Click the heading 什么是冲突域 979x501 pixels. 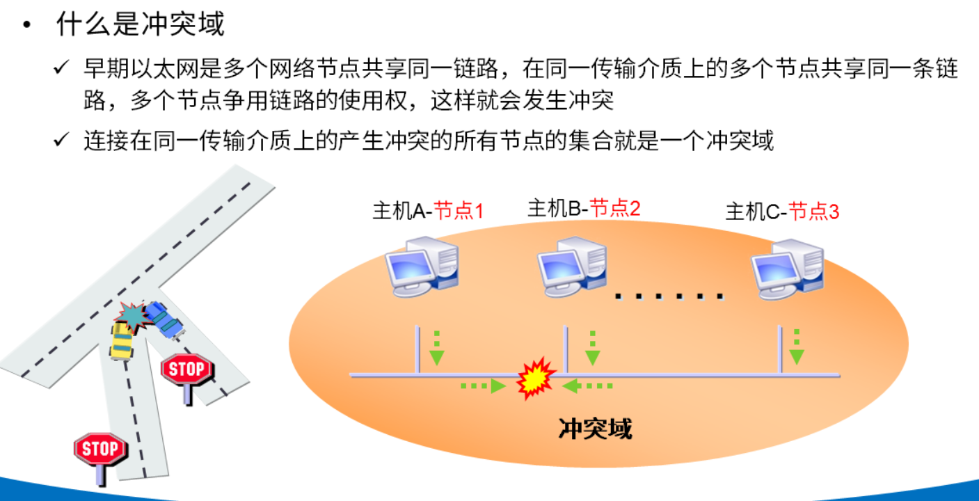point(141,25)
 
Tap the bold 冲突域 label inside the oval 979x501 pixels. point(596,429)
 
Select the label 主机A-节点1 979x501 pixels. point(428,211)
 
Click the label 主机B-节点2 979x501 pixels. point(584,208)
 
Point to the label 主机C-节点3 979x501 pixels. point(782,212)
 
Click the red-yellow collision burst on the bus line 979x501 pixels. point(536,379)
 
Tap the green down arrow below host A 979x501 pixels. point(436,349)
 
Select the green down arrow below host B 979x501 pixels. point(593,349)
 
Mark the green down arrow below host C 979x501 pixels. point(797,347)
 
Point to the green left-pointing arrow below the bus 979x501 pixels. point(588,385)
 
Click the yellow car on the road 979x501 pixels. point(122,340)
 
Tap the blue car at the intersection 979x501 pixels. point(163,319)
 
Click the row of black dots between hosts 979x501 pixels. point(669,297)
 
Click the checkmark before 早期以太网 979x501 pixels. point(61,68)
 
